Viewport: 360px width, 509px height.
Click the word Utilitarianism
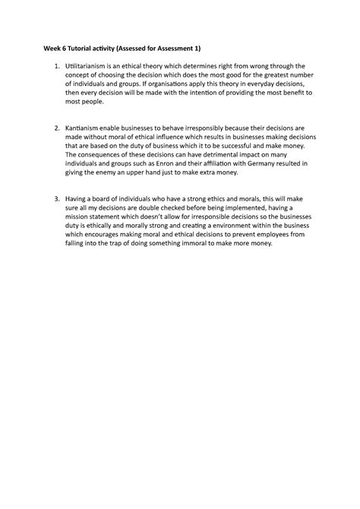click(87, 66)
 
